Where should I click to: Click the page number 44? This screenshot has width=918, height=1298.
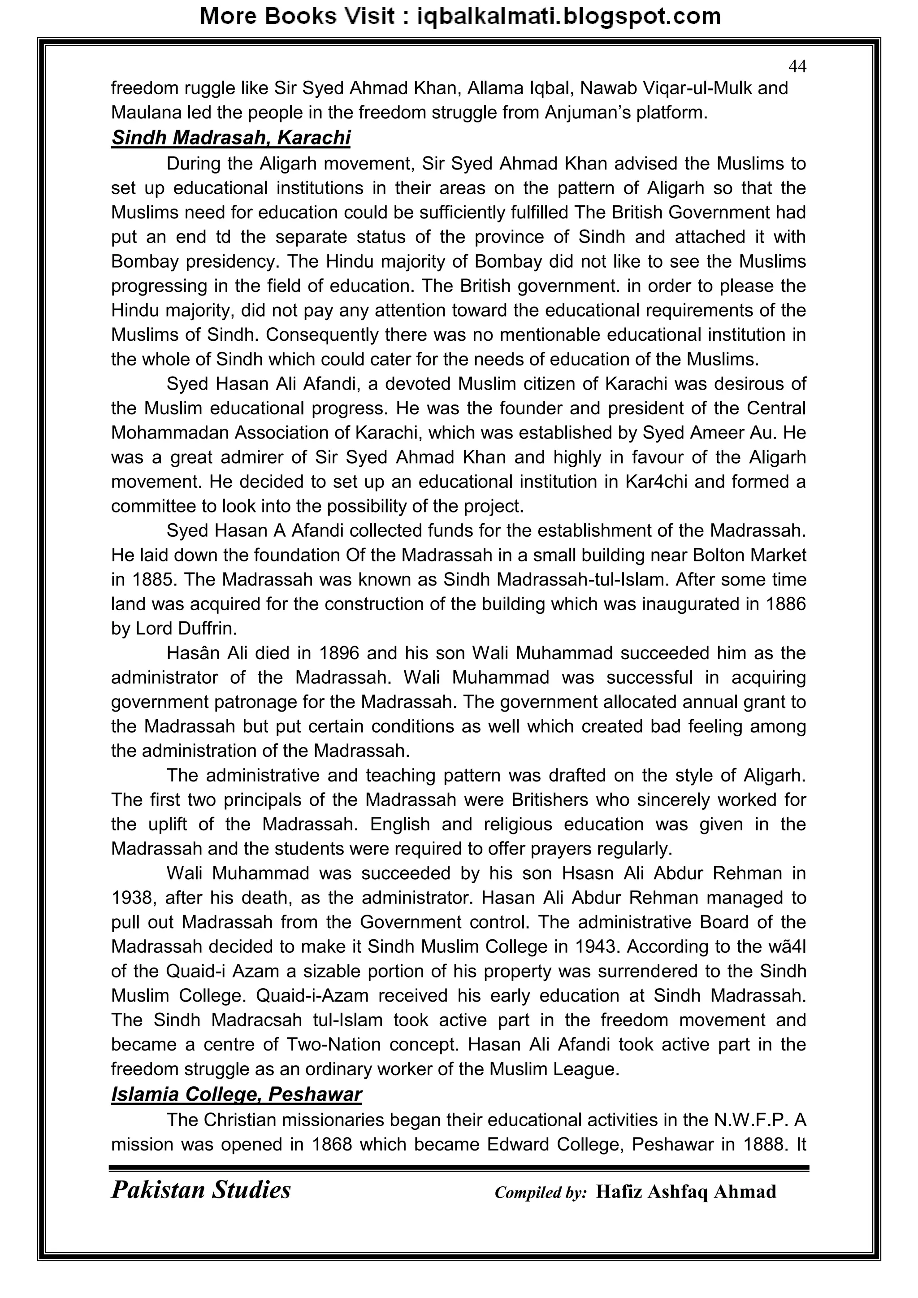point(797,67)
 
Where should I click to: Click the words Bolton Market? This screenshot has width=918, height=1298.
point(749,555)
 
